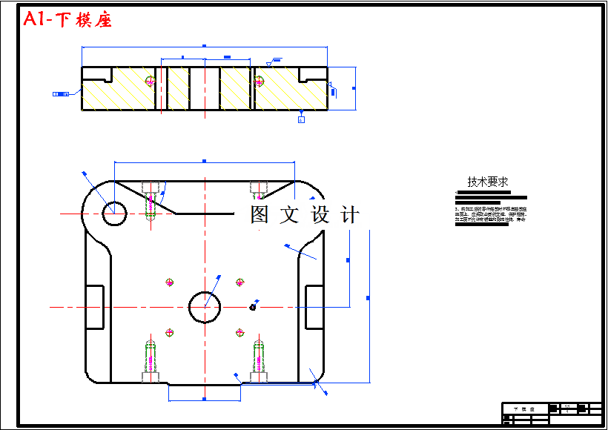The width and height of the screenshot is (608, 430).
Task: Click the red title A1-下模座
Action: click(x=67, y=20)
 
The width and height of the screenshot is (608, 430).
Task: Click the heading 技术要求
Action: click(x=487, y=182)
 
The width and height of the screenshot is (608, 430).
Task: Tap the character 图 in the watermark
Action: click(x=260, y=215)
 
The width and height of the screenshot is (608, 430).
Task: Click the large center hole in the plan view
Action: click(x=205, y=306)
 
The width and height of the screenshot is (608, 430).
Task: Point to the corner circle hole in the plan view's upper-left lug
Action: click(x=114, y=213)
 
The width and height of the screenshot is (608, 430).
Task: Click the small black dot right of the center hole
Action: click(x=254, y=306)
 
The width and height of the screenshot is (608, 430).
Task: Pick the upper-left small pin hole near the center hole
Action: click(x=170, y=282)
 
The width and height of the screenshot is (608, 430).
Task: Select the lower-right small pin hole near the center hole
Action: click(x=239, y=332)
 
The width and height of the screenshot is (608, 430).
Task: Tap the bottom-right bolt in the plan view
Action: click(x=258, y=360)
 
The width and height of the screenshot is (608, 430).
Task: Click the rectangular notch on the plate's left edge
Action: click(x=95, y=307)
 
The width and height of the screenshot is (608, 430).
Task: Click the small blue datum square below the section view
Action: click(x=301, y=119)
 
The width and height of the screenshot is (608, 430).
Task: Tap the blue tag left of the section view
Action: click(x=61, y=94)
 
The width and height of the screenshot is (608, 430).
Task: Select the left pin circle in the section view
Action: click(x=152, y=80)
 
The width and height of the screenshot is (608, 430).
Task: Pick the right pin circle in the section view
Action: click(x=259, y=80)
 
